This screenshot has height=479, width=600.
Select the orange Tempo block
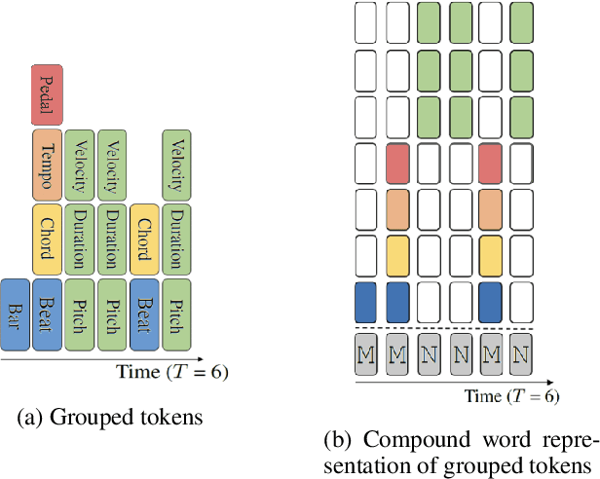(48, 165)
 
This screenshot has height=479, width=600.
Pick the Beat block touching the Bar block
(48, 314)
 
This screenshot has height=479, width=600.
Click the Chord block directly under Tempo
(48, 239)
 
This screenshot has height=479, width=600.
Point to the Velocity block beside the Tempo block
(81, 165)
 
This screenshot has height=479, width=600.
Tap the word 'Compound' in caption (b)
(421, 435)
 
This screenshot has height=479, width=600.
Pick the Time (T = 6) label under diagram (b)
(512, 395)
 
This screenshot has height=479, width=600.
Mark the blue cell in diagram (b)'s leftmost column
(365, 301)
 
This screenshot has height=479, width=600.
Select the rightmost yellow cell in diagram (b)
(490, 254)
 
